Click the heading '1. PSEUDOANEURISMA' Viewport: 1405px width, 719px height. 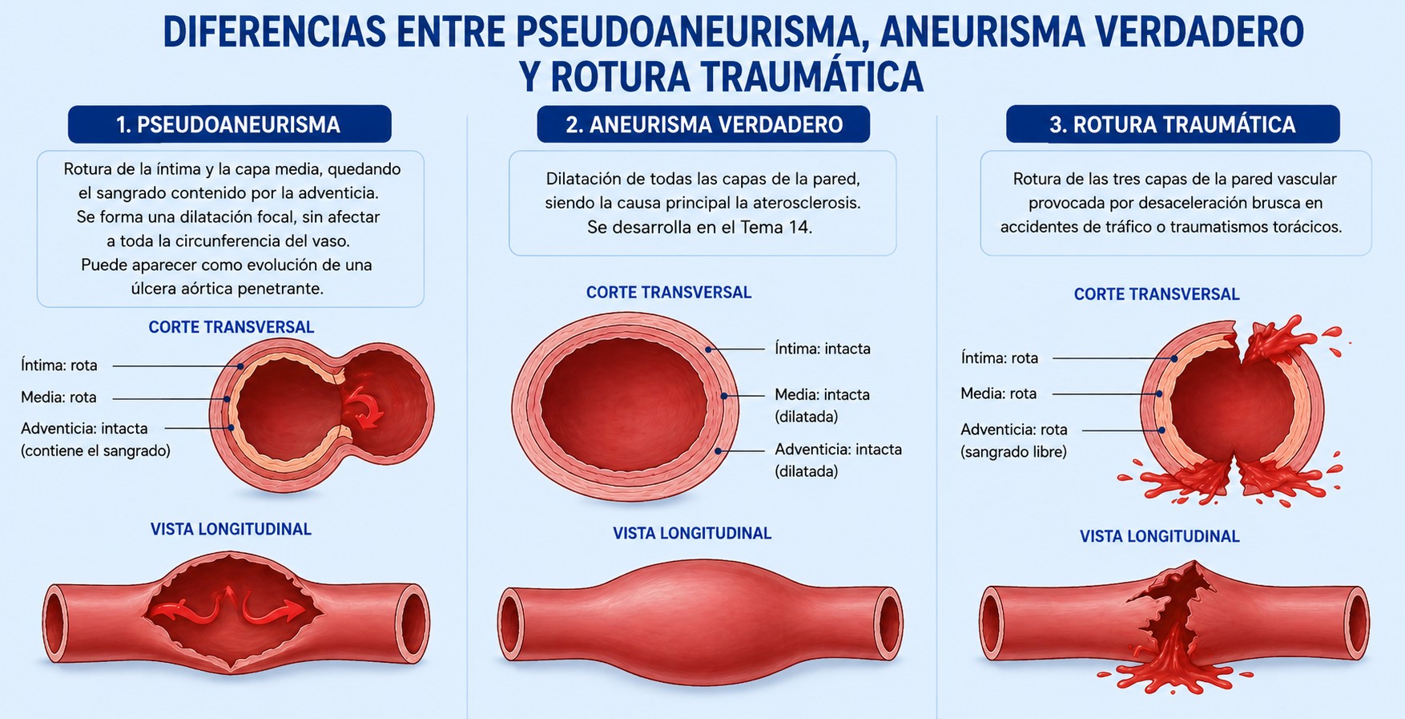[x=229, y=124]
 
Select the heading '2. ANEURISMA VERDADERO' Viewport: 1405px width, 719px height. [x=704, y=124]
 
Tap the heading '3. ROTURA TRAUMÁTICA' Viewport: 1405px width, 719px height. [x=1173, y=124]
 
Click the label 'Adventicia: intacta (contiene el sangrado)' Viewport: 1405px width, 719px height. [x=95, y=439]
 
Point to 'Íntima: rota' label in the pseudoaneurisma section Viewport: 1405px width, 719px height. [x=59, y=366]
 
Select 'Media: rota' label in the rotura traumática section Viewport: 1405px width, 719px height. [x=999, y=394]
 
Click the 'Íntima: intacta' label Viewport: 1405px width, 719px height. [x=823, y=349]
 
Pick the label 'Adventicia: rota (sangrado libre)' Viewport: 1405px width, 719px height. [x=1014, y=441]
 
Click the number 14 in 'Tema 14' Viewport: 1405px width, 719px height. [x=799, y=227]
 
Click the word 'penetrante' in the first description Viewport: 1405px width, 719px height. [x=284, y=289]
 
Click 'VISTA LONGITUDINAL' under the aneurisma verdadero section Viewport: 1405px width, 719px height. [x=692, y=533]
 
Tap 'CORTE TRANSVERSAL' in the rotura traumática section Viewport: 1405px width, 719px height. [x=1157, y=294]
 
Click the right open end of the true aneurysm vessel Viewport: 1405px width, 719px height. [x=888, y=624]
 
